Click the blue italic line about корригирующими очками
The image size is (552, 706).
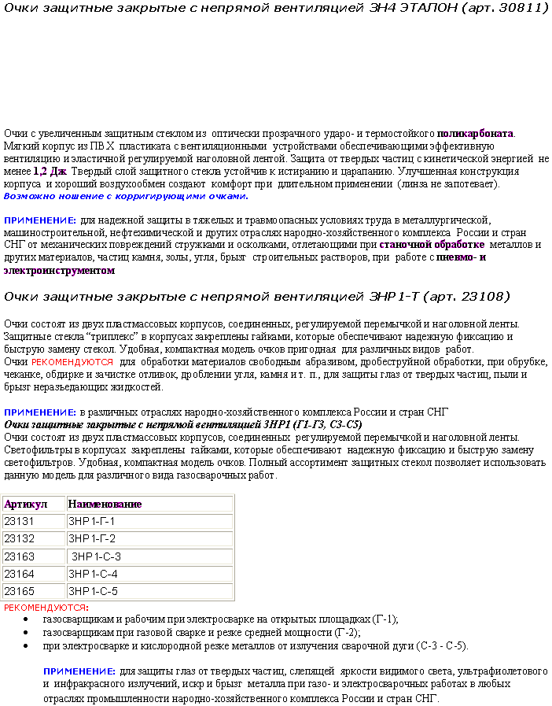pyautogui.click(x=126, y=196)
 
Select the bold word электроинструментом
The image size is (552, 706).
pyautogui.click(x=59, y=270)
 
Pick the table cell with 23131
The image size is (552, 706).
pyautogui.click(x=20, y=521)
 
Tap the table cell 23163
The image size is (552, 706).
pyautogui.click(x=20, y=556)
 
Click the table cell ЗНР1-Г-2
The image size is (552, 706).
pyautogui.click(x=92, y=538)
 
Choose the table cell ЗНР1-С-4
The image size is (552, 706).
pyautogui.click(x=94, y=574)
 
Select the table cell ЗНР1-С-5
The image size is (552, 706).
pyautogui.click(x=94, y=591)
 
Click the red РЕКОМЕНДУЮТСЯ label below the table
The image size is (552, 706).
pyautogui.click(x=46, y=608)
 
